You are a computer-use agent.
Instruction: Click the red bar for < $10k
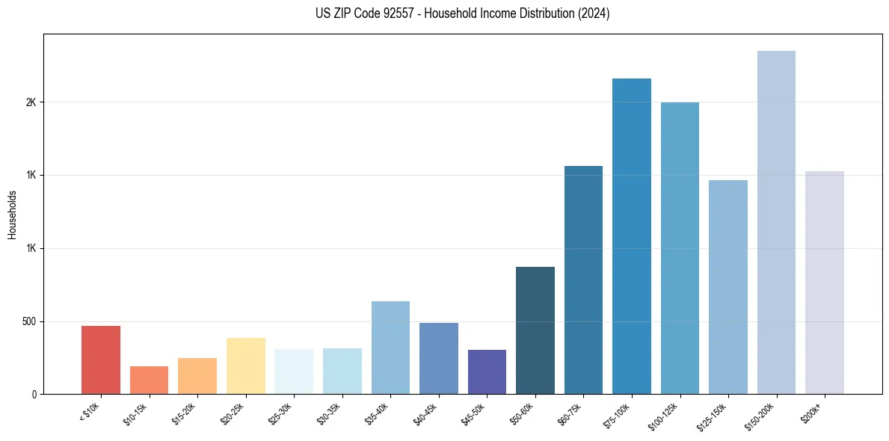101,360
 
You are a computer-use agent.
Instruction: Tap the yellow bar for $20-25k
245,366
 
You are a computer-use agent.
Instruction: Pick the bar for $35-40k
390,348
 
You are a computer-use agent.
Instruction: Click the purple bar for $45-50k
487,371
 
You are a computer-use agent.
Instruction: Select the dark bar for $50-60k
535,330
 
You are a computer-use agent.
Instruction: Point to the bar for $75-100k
632,236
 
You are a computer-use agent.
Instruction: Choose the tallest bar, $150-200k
776,222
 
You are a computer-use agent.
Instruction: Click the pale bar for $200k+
825,283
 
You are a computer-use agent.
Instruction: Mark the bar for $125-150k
728,287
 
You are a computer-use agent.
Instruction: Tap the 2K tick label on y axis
30,102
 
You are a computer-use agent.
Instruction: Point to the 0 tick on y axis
33,394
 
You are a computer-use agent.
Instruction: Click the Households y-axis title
12,214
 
